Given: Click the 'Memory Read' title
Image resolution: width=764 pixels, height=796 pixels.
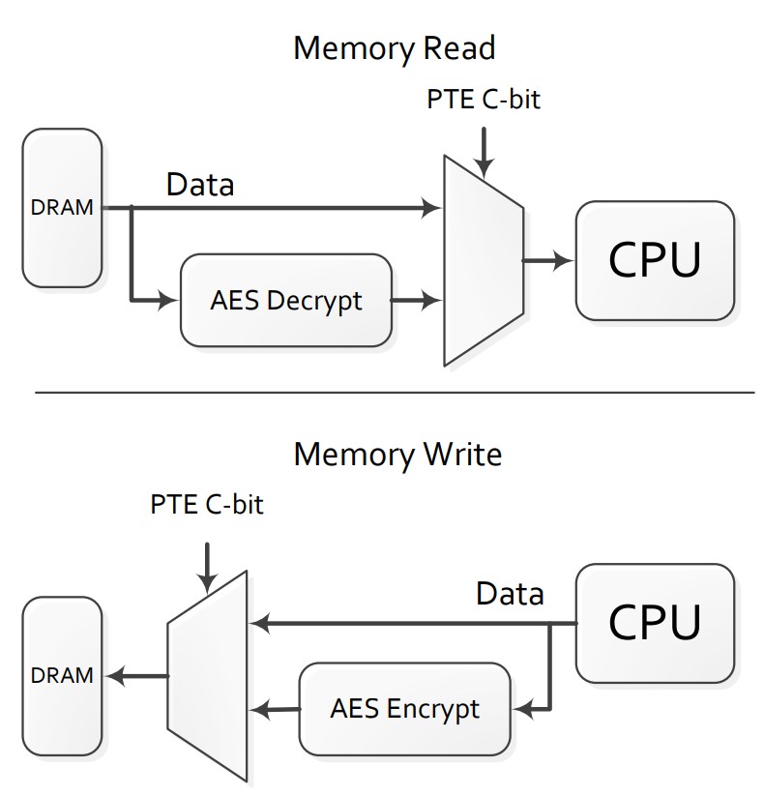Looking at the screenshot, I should tap(394, 47).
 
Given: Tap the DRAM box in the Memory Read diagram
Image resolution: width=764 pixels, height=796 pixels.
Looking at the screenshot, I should tap(62, 209).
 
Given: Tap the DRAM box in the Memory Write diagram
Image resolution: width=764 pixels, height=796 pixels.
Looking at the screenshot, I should tap(62, 675).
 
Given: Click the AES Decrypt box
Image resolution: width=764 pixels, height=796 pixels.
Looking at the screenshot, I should tap(286, 300).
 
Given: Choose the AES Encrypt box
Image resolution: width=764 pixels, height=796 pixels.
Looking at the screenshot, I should tap(404, 708).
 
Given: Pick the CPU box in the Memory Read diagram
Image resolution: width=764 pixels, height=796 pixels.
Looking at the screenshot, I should tap(655, 259).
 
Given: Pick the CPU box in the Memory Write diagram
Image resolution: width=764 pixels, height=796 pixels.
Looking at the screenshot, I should tap(655, 624).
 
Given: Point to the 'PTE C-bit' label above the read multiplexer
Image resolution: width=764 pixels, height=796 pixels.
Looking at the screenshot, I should tap(483, 100).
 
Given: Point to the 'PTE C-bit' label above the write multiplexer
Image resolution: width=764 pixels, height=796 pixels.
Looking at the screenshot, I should tap(207, 505).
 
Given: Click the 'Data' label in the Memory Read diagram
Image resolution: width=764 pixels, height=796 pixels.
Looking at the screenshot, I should tap(200, 184).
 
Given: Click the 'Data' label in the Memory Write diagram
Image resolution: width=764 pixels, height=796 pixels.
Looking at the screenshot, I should tap(510, 593).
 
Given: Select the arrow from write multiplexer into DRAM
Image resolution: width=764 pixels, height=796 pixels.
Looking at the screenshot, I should tap(135, 675).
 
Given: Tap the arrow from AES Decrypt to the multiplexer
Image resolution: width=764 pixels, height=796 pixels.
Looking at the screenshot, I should tap(416, 300).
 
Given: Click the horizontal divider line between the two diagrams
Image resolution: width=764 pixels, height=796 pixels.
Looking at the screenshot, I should tap(394, 393).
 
